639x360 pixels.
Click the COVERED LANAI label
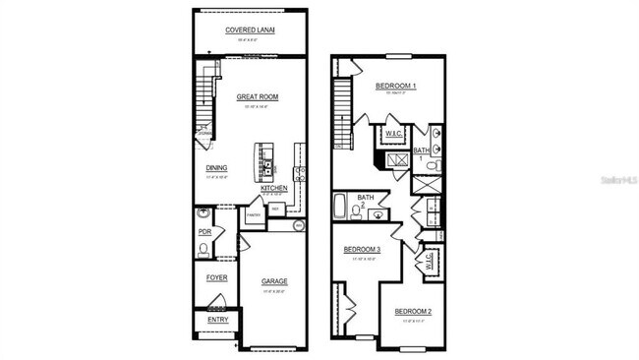[x=250, y=30]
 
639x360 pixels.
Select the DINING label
[x=216, y=167]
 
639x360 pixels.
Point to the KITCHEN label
[x=273, y=187]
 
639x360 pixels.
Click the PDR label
[x=204, y=232]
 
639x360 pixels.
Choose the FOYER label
[x=216, y=277]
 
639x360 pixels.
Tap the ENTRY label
[x=216, y=319]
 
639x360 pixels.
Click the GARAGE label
[x=274, y=281]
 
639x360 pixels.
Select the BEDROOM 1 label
[x=396, y=87]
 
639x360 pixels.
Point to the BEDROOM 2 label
[x=413, y=312]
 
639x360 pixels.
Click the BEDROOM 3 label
[x=361, y=250]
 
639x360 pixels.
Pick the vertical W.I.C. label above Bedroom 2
[x=429, y=261]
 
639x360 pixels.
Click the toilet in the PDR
[x=203, y=249]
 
